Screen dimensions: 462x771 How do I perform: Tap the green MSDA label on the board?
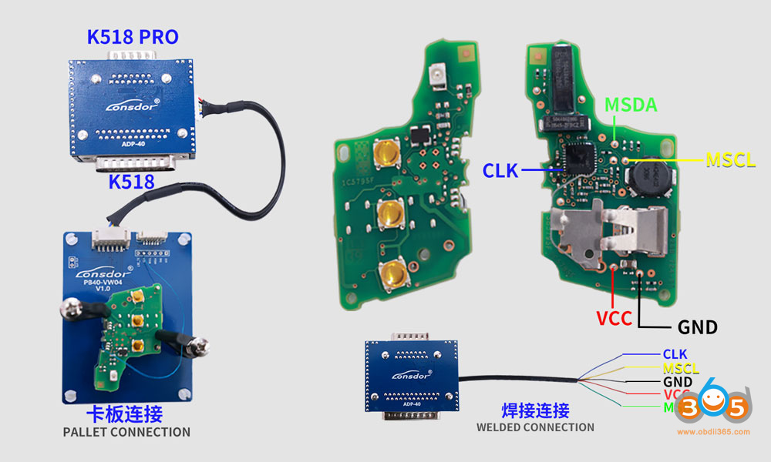coord(631,105)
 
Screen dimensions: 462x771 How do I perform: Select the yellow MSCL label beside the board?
coord(730,160)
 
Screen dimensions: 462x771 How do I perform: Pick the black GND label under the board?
coord(697,327)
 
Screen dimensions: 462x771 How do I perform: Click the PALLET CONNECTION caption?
coord(126,432)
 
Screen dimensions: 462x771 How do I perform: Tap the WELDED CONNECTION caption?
coord(535,427)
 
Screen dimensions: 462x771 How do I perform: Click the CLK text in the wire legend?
coord(675,354)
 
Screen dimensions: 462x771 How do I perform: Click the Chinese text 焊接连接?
coord(536,410)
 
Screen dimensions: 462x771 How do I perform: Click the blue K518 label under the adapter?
coord(133,182)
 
